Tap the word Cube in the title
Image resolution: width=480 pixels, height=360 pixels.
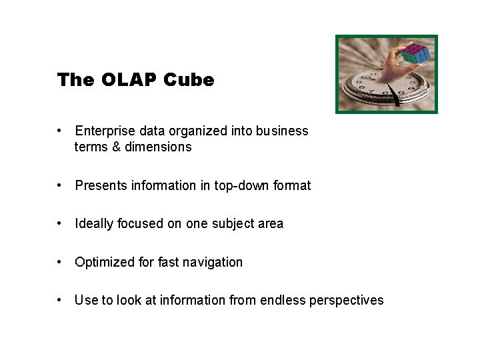click(x=189, y=80)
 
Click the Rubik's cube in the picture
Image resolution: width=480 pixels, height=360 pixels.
click(x=415, y=53)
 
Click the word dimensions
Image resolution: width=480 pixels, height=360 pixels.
click(x=158, y=147)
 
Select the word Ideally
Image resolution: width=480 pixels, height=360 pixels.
click(x=94, y=224)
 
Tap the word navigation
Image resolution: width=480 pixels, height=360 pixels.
click(x=213, y=263)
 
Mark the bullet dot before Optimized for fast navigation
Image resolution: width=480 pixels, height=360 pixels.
click(x=60, y=263)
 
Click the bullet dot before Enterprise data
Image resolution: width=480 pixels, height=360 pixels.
click(x=60, y=131)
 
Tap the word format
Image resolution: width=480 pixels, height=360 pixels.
click(x=292, y=186)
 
